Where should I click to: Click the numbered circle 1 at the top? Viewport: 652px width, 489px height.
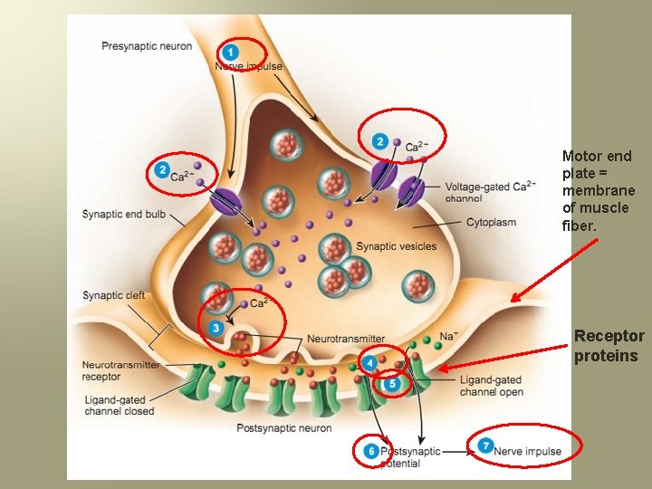pos(231,52)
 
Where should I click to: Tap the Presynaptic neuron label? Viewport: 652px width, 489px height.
pos(147,45)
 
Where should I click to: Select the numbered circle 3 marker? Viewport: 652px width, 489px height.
pos(216,327)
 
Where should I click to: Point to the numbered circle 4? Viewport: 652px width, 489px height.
pos(369,363)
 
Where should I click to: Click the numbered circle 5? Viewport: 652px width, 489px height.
pos(391,384)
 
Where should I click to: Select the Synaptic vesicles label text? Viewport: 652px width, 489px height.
pos(397,245)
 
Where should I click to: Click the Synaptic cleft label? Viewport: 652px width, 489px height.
pos(113,295)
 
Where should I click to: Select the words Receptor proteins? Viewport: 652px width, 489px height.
pos(609,346)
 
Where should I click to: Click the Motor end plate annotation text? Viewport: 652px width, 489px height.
pos(598,190)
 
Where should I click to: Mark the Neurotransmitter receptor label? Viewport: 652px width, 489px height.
pos(120,370)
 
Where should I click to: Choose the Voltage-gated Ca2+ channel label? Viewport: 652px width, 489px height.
pos(488,192)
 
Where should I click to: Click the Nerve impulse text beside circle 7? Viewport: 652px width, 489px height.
pos(527,451)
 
